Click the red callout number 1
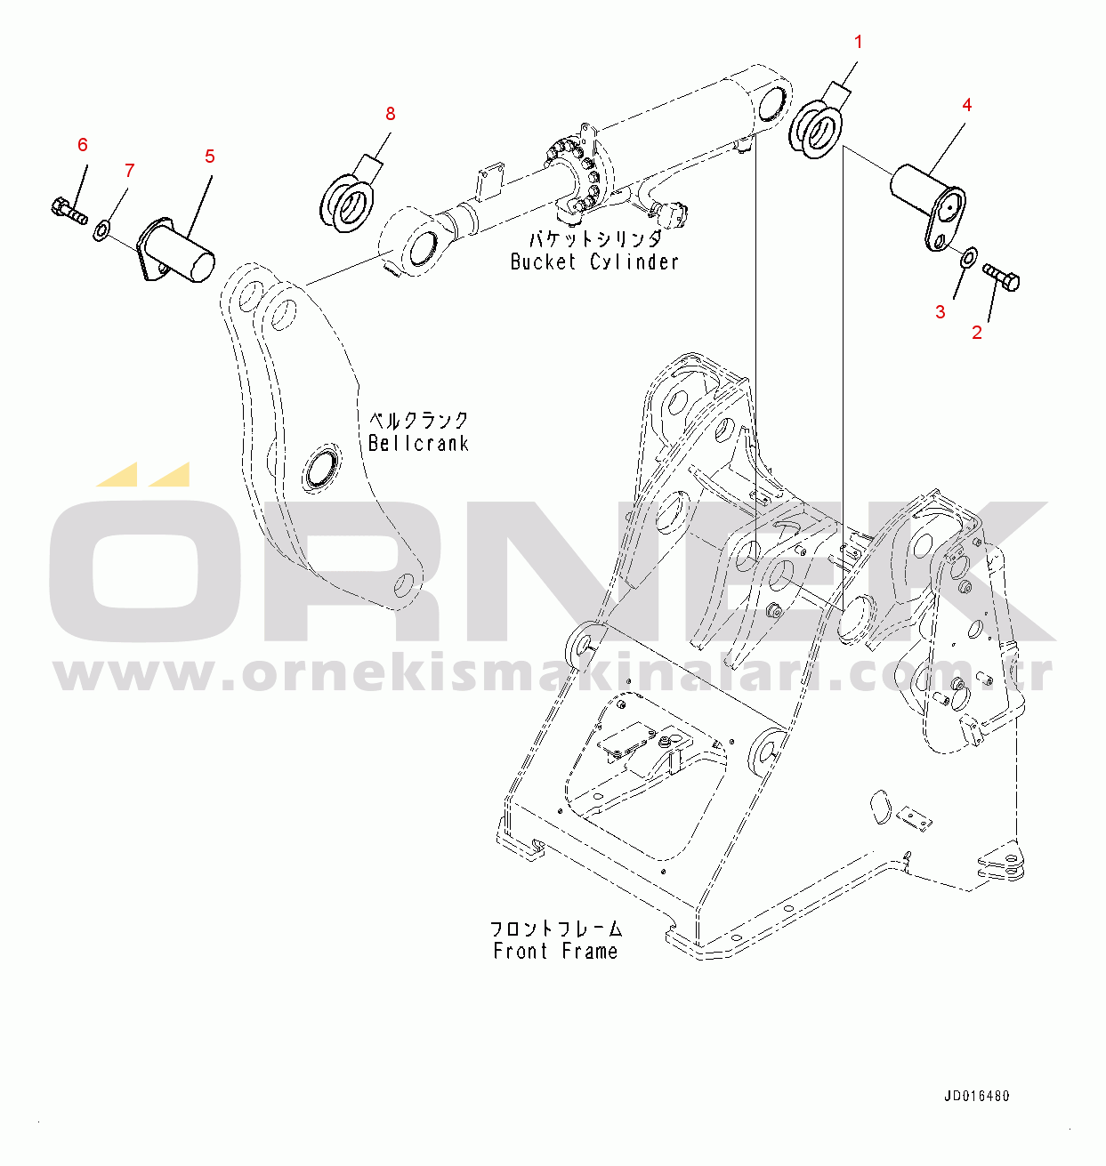click(x=859, y=42)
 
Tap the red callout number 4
click(x=966, y=105)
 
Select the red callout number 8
click(x=390, y=114)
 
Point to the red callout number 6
click(x=83, y=145)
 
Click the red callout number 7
click(x=129, y=170)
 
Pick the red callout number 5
click(x=210, y=157)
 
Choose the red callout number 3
click(x=941, y=311)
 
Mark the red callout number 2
click(x=977, y=333)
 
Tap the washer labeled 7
click(x=101, y=232)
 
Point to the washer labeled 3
click(x=967, y=257)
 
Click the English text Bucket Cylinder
click(x=594, y=262)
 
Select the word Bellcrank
click(x=418, y=443)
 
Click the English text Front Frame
click(x=555, y=952)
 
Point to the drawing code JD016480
click(x=976, y=1097)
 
